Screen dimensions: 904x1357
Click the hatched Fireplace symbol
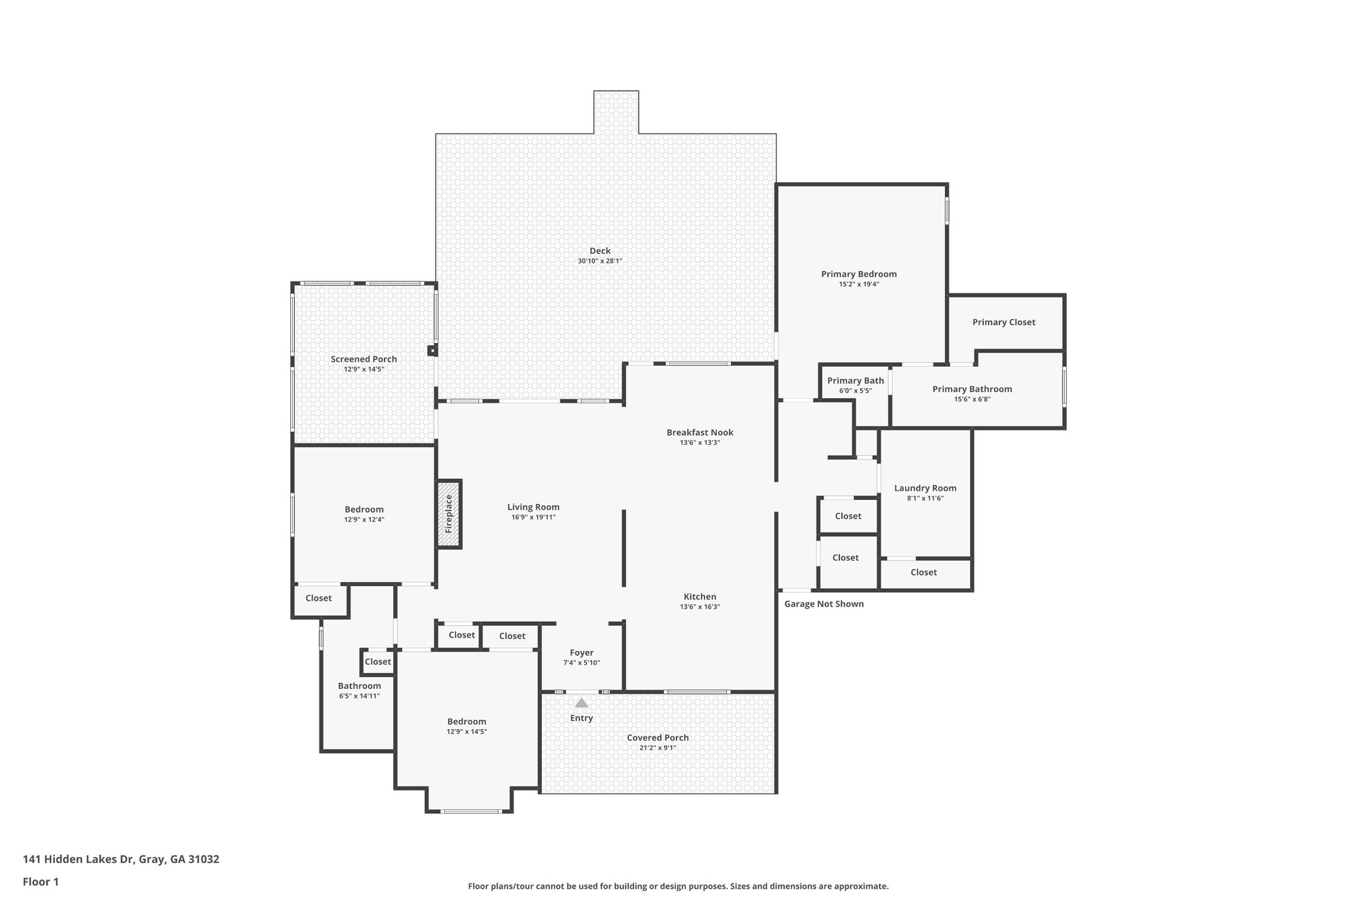point(449,514)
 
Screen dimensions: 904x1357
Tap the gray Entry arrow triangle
point(581,703)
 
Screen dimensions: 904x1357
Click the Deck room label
point(600,250)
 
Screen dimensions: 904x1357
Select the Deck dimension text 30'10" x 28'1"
point(600,261)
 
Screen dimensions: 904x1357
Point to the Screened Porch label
point(364,359)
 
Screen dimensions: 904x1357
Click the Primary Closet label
point(1003,322)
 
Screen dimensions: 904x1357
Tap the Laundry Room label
point(925,488)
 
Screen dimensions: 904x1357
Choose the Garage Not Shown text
point(824,604)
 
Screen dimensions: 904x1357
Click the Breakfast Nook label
point(700,432)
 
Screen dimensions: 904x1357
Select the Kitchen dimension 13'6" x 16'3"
point(700,607)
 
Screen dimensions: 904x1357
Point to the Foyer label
point(581,652)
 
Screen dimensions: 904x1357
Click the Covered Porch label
point(657,737)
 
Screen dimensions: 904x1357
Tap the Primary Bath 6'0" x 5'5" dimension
point(855,391)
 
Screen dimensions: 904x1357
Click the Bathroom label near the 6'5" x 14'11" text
point(359,685)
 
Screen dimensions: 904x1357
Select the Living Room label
point(533,507)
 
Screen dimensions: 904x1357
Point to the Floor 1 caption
point(41,881)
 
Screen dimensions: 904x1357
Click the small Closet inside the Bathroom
point(378,662)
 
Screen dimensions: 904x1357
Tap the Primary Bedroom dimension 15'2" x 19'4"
point(859,284)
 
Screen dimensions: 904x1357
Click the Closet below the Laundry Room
point(923,572)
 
